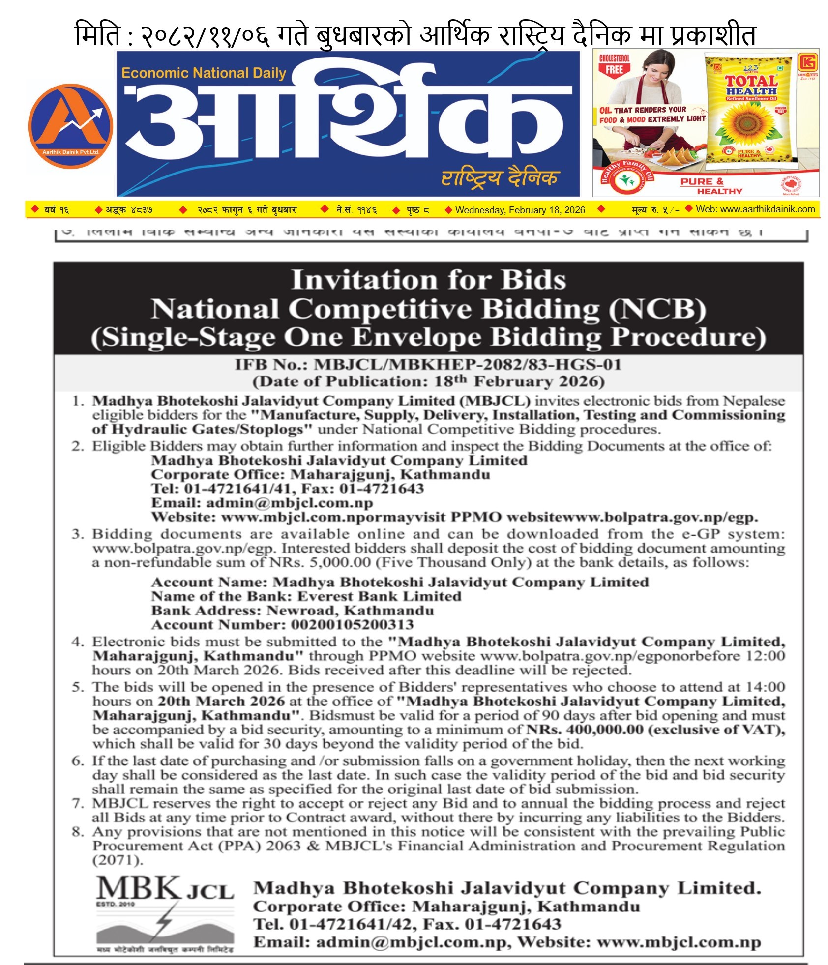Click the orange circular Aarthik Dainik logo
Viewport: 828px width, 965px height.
click(x=70, y=126)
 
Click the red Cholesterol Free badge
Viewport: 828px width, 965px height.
click(x=614, y=64)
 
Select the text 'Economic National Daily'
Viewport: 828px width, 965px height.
click(x=204, y=73)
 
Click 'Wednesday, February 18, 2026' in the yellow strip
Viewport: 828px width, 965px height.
click(x=520, y=210)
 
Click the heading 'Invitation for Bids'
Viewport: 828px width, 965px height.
click(x=428, y=280)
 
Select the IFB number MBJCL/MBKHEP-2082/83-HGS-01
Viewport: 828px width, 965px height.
click(x=467, y=364)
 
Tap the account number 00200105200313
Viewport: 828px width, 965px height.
click(x=352, y=624)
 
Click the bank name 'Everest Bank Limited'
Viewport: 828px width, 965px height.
click(x=379, y=596)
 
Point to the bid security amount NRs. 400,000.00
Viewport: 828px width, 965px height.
click(x=585, y=729)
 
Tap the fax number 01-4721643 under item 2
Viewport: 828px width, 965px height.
click(x=382, y=488)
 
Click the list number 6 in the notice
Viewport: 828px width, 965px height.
click(x=78, y=760)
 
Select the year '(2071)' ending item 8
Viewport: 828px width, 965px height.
click(x=118, y=860)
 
